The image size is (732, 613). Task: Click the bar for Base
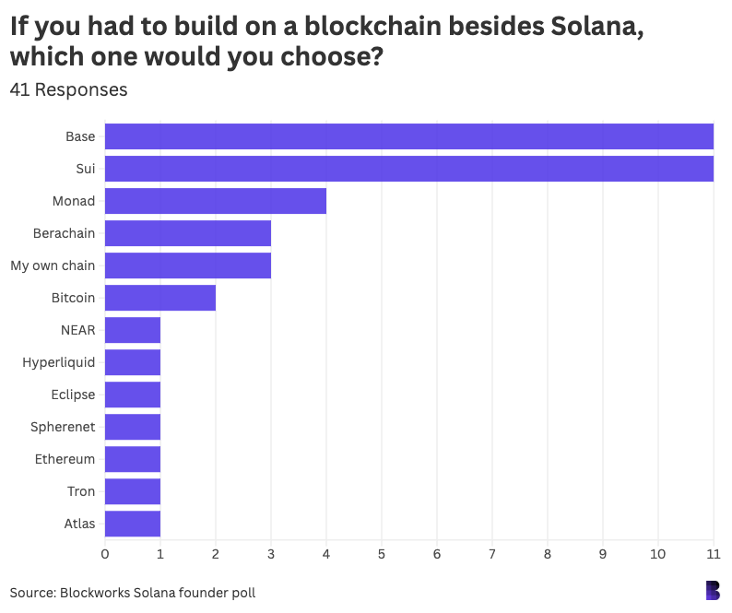pos(408,136)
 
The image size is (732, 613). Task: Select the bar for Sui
pos(408,169)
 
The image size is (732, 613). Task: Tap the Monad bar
pos(215,201)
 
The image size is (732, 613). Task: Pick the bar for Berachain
pos(187,233)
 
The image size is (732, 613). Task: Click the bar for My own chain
pos(187,265)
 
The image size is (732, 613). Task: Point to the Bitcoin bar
pos(159,298)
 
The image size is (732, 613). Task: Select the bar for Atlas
pos(132,524)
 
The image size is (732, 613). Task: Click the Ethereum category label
pos(65,459)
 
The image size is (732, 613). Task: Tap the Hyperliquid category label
pos(58,362)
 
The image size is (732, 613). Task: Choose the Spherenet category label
pos(62,427)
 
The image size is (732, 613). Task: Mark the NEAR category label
pos(77,330)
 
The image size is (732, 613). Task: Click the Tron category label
pos(80,491)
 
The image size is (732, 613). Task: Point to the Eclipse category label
pos(73,395)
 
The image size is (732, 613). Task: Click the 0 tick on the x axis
pos(104,553)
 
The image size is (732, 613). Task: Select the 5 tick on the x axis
pos(381,553)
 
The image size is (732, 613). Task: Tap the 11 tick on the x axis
pos(713,553)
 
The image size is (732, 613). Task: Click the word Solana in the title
pos(581,27)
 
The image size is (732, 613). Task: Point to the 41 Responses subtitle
pos(68,90)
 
